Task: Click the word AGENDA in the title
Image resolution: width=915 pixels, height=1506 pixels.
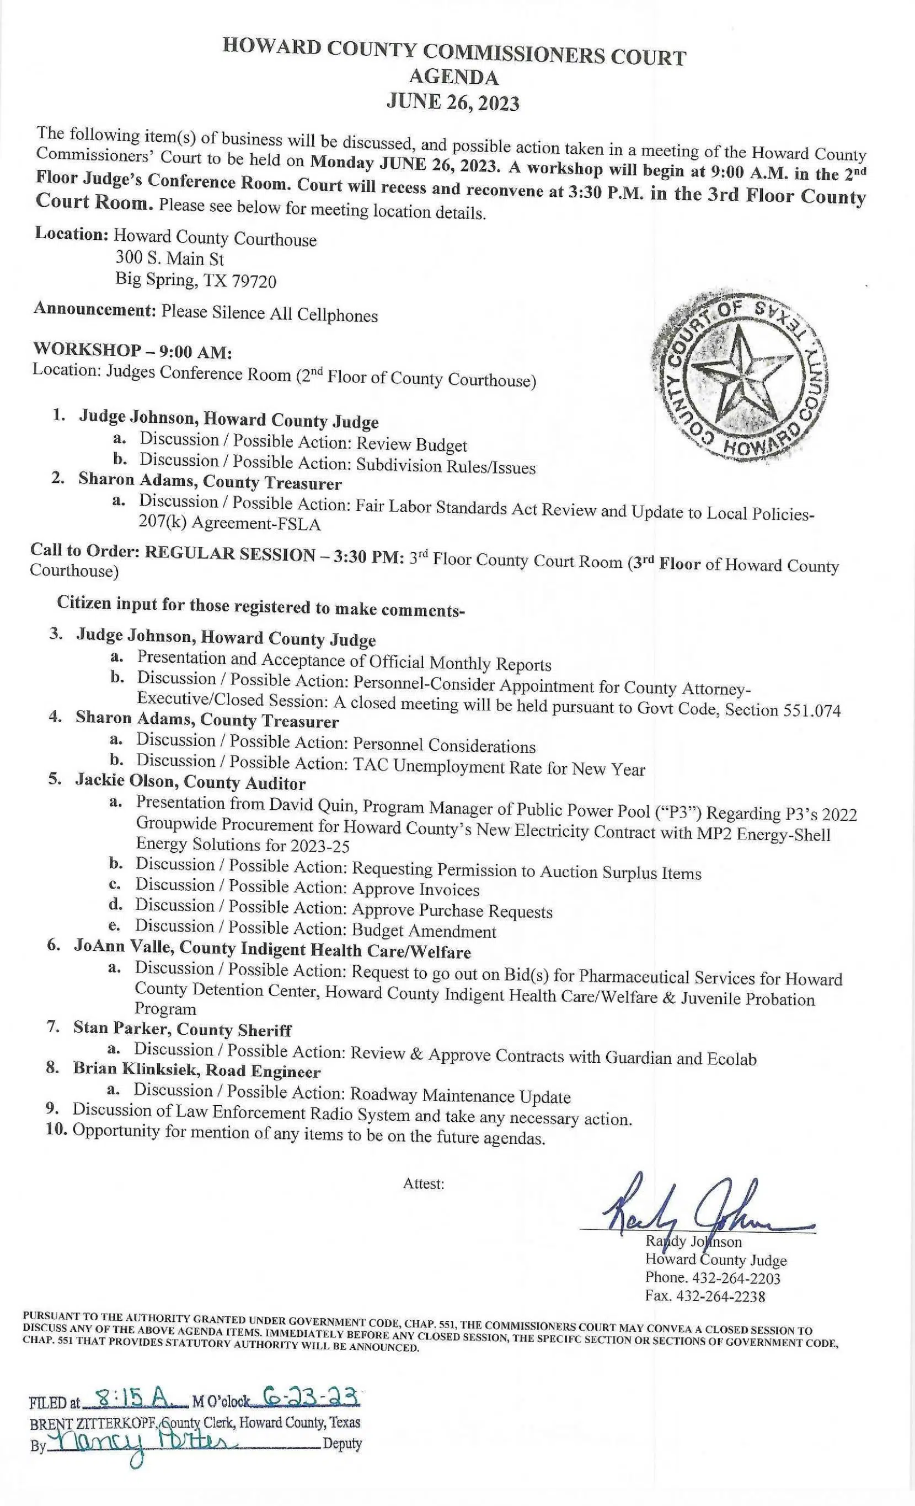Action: click(453, 78)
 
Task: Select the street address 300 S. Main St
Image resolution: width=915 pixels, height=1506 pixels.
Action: click(169, 259)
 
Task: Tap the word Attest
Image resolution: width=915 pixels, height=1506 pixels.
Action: click(422, 1184)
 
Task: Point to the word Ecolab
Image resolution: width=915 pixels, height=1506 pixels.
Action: click(730, 1059)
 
